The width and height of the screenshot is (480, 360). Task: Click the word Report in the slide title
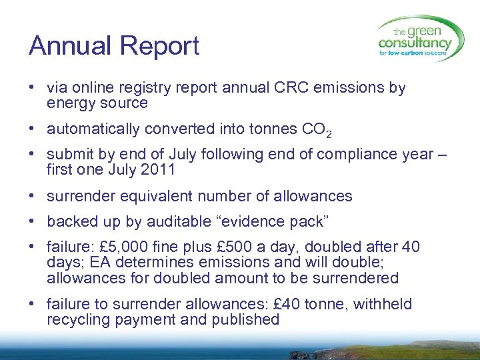(x=159, y=46)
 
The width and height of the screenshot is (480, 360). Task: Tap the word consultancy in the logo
(x=415, y=43)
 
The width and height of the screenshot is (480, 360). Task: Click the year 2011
(x=158, y=169)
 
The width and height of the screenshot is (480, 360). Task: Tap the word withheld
(x=382, y=305)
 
